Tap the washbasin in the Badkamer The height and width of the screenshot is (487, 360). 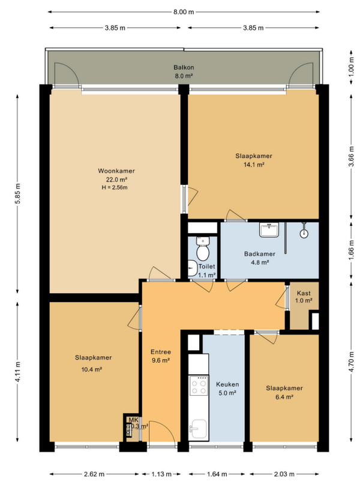tap(269, 230)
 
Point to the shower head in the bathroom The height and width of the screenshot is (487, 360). tap(304, 232)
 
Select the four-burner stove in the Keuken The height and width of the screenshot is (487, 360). tap(199, 386)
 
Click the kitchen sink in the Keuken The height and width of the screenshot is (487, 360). tap(199, 429)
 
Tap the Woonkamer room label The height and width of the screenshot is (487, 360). tap(116, 171)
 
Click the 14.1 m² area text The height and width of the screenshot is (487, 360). tap(254, 165)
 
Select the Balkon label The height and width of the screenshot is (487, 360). tap(184, 67)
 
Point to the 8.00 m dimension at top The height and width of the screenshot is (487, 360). tap(184, 12)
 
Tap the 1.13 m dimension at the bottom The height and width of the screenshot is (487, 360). tap(161, 474)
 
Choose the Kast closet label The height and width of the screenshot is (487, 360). tap(304, 293)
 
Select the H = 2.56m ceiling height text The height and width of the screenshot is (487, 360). tap(115, 187)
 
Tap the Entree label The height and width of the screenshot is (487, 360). tap(161, 352)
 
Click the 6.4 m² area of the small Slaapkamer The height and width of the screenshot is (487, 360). tap(284, 396)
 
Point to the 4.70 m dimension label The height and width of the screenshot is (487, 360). tap(352, 361)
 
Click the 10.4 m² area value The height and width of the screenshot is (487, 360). tap(93, 369)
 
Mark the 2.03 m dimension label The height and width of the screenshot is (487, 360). tap(284, 474)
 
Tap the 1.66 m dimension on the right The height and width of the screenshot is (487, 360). tap(352, 250)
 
